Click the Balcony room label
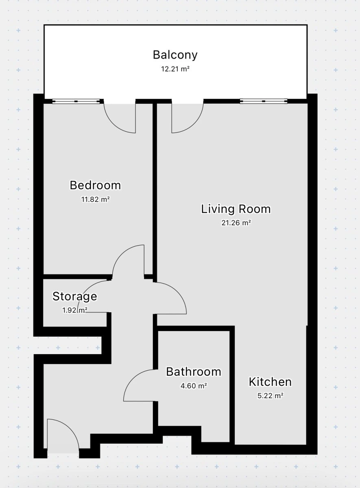(x=175, y=55)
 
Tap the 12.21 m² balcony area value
(x=175, y=69)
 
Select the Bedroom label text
(x=95, y=185)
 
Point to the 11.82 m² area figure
(x=95, y=199)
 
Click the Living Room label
(x=236, y=209)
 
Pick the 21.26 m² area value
(x=236, y=223)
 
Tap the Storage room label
(x=75, y=296)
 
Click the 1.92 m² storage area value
(x=75, y=310)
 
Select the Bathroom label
(x=194, y=372)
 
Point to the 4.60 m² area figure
(x=194, y=386)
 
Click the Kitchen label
(x=270, y=382)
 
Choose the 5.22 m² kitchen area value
(x=271, y=396)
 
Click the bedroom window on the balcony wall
(x=76, y=101)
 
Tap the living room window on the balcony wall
(x=264, y=101)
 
